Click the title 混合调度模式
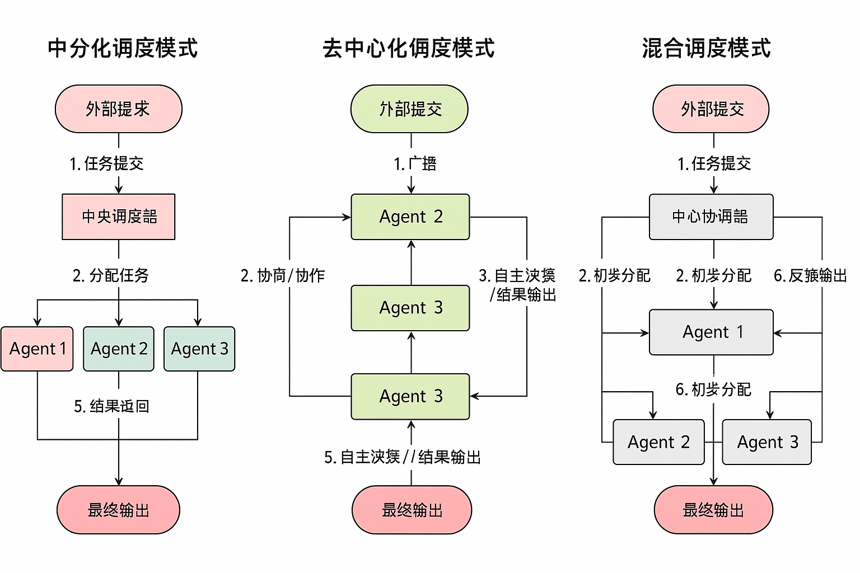tap(706, 48)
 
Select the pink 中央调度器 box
tap(119, 217)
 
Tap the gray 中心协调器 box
tap(711, 217)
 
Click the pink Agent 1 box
tap(37, 349)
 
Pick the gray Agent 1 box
tap(711, 332)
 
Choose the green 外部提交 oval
tap(410, 109)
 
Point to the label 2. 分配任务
tap(110, 275)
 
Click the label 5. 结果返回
tap(111, 406)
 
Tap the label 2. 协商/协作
tap(282, 275)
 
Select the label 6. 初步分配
tap(713, 389)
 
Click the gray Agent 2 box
tap(658, 442)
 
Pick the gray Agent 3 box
tap(766, 442)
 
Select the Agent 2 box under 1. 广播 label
tap(410, 217)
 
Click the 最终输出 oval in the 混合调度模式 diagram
tap(713, 510)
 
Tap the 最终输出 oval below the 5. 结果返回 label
tap(118, 510)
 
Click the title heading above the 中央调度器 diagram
tap(123, 48)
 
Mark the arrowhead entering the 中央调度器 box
tap(119, 190)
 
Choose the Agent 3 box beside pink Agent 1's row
tap(199, 349)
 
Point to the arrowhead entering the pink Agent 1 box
tap(38, 322)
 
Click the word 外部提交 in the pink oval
tap(712, 109)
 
